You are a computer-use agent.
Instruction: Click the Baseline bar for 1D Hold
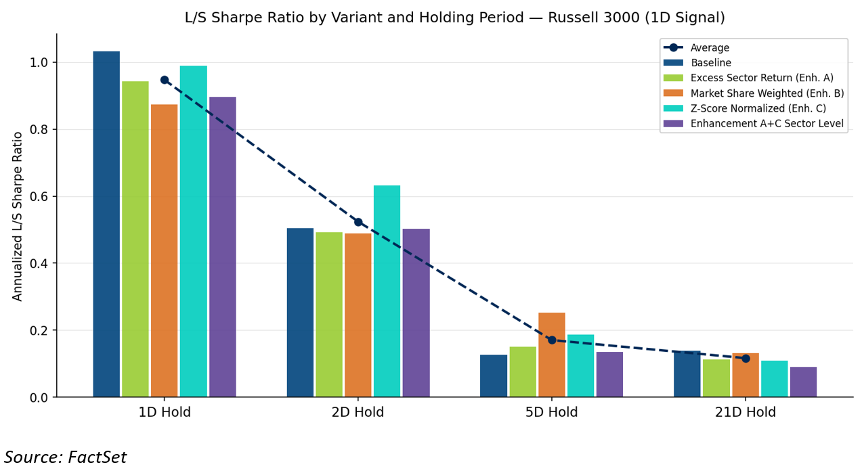point(106,224)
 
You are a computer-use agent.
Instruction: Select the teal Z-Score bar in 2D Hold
point(387,291)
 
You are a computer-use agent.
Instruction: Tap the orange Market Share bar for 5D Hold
point(552,355)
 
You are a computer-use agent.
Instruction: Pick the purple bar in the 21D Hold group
point(804,382)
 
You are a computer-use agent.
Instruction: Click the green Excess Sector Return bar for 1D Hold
point(135,239)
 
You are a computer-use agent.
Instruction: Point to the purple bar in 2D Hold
point(416,313)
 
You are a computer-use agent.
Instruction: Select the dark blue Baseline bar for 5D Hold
point(494,376)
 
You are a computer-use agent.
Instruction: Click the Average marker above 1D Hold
point(165,80)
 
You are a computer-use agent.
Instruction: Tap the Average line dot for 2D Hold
point(358,222)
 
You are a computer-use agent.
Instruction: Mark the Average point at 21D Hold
point(746,359)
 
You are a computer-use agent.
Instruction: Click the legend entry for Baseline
point(697,63)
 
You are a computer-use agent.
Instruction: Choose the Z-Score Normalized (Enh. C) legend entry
point(745,108)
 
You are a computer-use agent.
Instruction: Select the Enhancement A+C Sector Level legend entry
point(754,123)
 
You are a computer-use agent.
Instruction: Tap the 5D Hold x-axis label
point(551,412)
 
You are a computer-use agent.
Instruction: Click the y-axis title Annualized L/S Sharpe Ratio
point(18,217)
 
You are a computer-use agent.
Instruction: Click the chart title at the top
point(455,18)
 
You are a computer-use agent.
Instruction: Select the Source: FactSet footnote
point(65,457)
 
